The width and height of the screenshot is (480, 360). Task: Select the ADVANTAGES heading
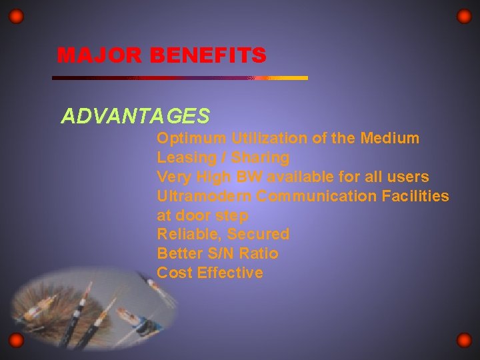point(135,117)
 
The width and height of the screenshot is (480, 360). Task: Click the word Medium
point(389,139)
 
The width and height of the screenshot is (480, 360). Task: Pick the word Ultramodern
point(204,197)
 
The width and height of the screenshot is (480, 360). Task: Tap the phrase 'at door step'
point(202,216)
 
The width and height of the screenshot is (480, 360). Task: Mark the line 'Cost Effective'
point(209,273)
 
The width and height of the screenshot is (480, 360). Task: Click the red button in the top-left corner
point(17,17)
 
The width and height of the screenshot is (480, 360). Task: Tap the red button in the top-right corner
point(464,17)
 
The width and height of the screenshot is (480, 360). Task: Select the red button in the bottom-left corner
point(17,341)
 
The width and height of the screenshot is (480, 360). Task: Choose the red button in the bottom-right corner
point(464,341)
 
